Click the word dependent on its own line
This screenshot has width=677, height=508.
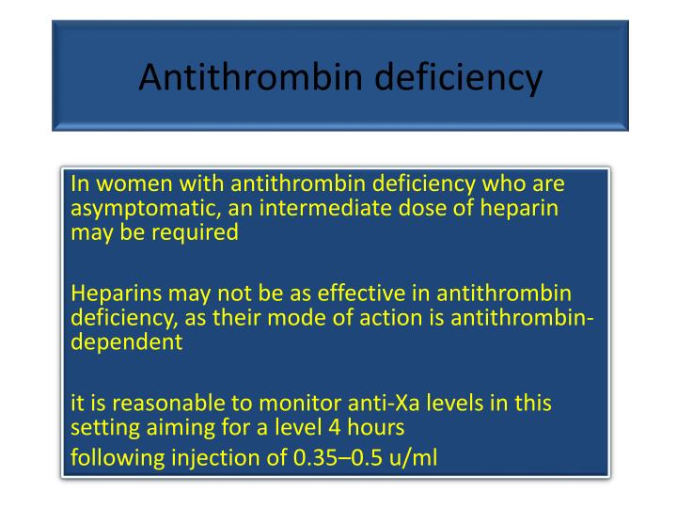tap(126, 341)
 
